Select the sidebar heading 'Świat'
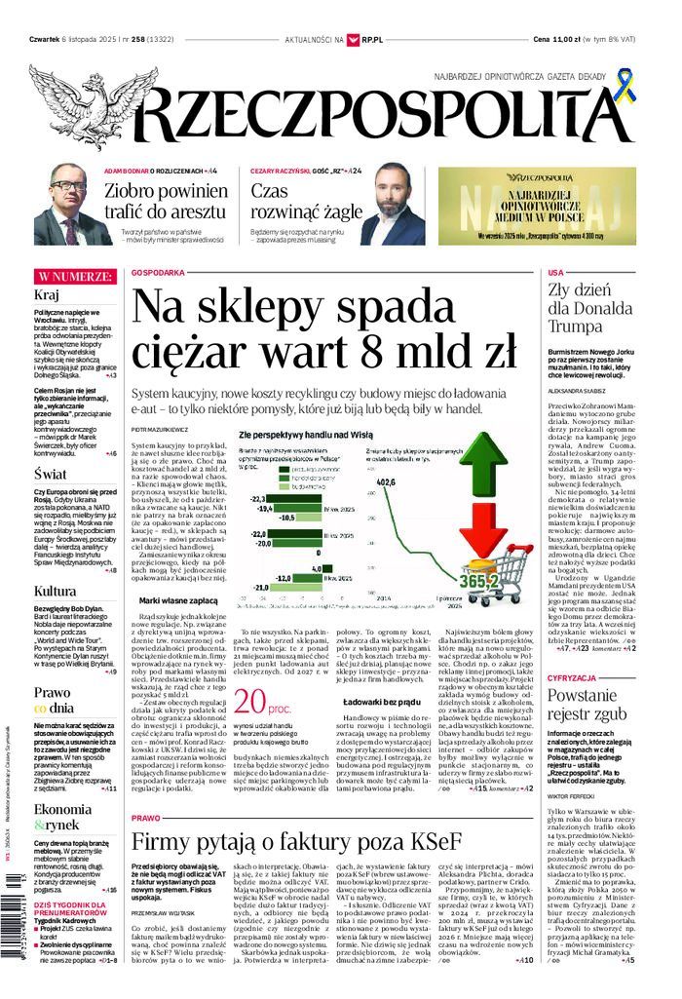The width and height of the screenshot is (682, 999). point(50,474)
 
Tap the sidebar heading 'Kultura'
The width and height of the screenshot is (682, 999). point(55,592)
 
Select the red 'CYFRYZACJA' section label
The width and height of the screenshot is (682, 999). point(572,676)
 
